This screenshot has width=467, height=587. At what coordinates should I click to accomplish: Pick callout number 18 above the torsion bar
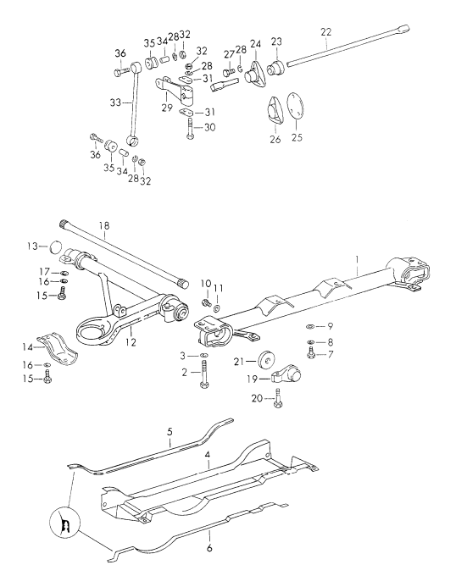click(x=103, y=227)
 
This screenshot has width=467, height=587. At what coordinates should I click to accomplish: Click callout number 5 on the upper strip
click(x=170, y=432)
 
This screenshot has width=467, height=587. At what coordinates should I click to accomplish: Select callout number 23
click(x=276, y=41)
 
